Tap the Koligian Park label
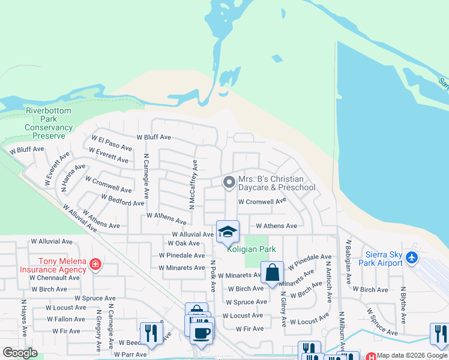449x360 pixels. (x=250, y=249)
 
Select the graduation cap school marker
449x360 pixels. (x=228, y=232)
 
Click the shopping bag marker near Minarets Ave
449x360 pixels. (x=272, y=272)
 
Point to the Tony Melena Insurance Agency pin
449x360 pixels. (x=95, y=265)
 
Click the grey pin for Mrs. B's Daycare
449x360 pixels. (x=228, y=182)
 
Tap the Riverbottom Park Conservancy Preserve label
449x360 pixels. (x=49, y=124)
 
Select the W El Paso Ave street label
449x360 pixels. (x=111, y=143)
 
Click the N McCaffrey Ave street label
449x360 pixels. (x=193, y=185)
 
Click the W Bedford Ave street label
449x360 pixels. (x=122, y=200)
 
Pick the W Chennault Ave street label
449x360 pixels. (x=53, y=278)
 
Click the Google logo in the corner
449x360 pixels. (x=20, y=353)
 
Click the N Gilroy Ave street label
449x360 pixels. (x=283, y=307)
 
